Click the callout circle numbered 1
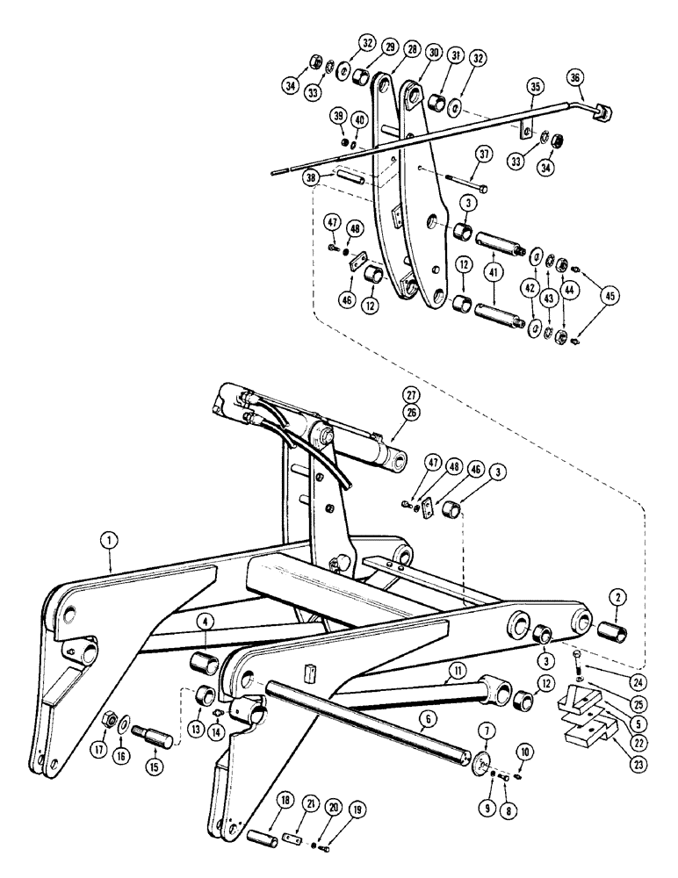click(109, 543)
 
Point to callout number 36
click(576, 79)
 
